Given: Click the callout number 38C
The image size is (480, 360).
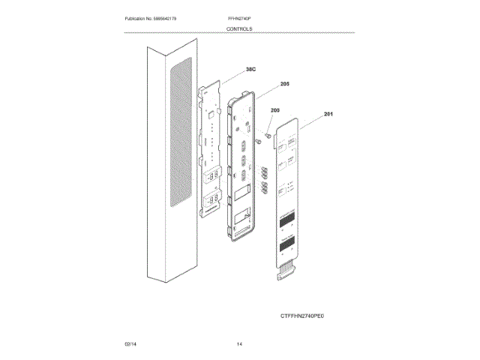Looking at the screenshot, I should [x=250, y=70].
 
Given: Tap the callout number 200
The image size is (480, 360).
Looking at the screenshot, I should [x=274, y=110].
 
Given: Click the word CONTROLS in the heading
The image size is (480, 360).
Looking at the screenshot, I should [x=239, y=28].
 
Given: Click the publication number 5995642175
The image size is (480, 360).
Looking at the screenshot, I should [x=172, y=17].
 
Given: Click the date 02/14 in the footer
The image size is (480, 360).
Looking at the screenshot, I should [x=130, y=343].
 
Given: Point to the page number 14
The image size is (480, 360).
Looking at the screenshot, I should [x=239, y=343].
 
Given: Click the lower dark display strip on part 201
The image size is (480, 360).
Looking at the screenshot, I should [x=289, y=244].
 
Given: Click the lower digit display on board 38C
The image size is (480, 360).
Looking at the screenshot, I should [x=211, y=199].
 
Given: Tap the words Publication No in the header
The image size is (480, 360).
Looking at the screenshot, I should [x=140, y=17].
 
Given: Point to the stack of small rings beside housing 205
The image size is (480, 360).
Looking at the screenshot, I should [x=264, y=181].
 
